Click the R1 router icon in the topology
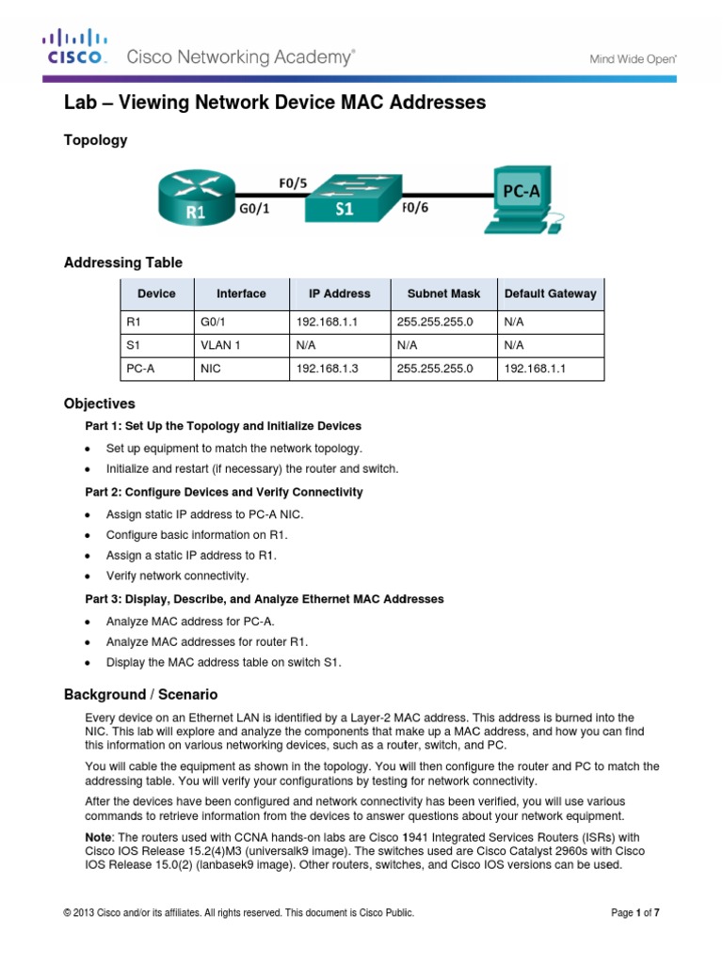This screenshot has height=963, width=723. pos(196,197)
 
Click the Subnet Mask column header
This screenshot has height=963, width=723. pos(443,293)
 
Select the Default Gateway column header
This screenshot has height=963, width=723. pos(550,293)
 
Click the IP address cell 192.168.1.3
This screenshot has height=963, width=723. pos(322,370)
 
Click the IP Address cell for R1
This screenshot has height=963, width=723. pos(322,322)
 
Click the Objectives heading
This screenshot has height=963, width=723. pos(99,403)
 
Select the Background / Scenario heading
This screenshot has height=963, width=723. pos(140,695)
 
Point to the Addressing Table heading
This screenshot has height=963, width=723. pos(122,262)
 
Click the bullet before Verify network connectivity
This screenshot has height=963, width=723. pos(88,576)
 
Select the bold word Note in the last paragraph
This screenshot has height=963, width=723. pos(99,836)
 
